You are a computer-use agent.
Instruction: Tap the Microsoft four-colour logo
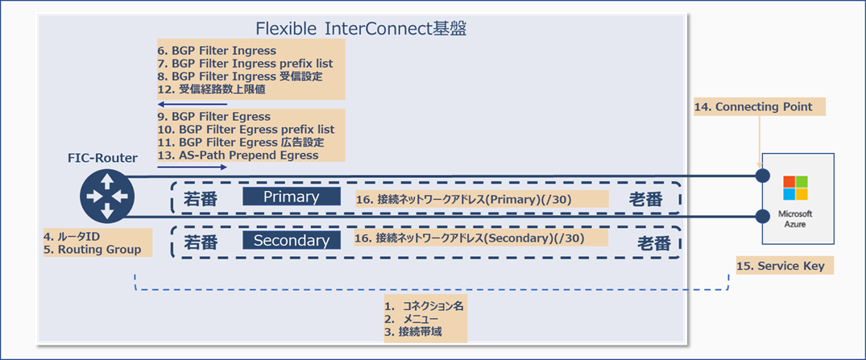click(795, 188)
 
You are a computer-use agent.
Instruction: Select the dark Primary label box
click(292, 197)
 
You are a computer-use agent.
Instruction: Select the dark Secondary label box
click(292, 240)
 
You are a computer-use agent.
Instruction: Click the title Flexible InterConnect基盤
click(361, 29)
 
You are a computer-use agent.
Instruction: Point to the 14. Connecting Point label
click(753, 107)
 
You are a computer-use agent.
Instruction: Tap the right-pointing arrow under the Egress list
click(192, 168)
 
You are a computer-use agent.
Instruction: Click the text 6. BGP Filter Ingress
click(217, 51)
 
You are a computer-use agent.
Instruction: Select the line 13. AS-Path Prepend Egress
click(238, 155)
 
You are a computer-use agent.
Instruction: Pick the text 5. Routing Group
click(93, 250)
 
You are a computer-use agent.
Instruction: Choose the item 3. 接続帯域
click(413, 332)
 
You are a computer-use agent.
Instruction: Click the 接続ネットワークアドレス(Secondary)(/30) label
click(470, 238)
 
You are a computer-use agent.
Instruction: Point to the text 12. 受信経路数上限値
click(212, 90)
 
